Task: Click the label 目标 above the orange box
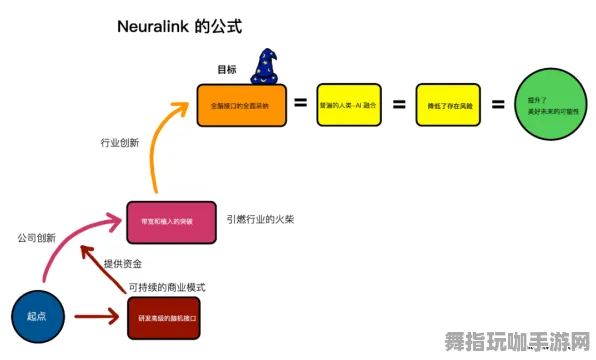pos(227,70)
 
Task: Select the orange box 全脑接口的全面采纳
pos(240,104)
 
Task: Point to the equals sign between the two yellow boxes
pos(397,104)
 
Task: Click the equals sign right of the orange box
pos(300,104)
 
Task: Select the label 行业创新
pos(119,143)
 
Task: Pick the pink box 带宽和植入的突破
pos(171,221)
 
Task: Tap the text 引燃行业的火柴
pos(260,219)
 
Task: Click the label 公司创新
pos(36,238)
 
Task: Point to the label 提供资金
pos(122,264)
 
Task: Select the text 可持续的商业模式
pos(166,287)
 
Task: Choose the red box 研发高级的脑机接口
pos(171,317)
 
